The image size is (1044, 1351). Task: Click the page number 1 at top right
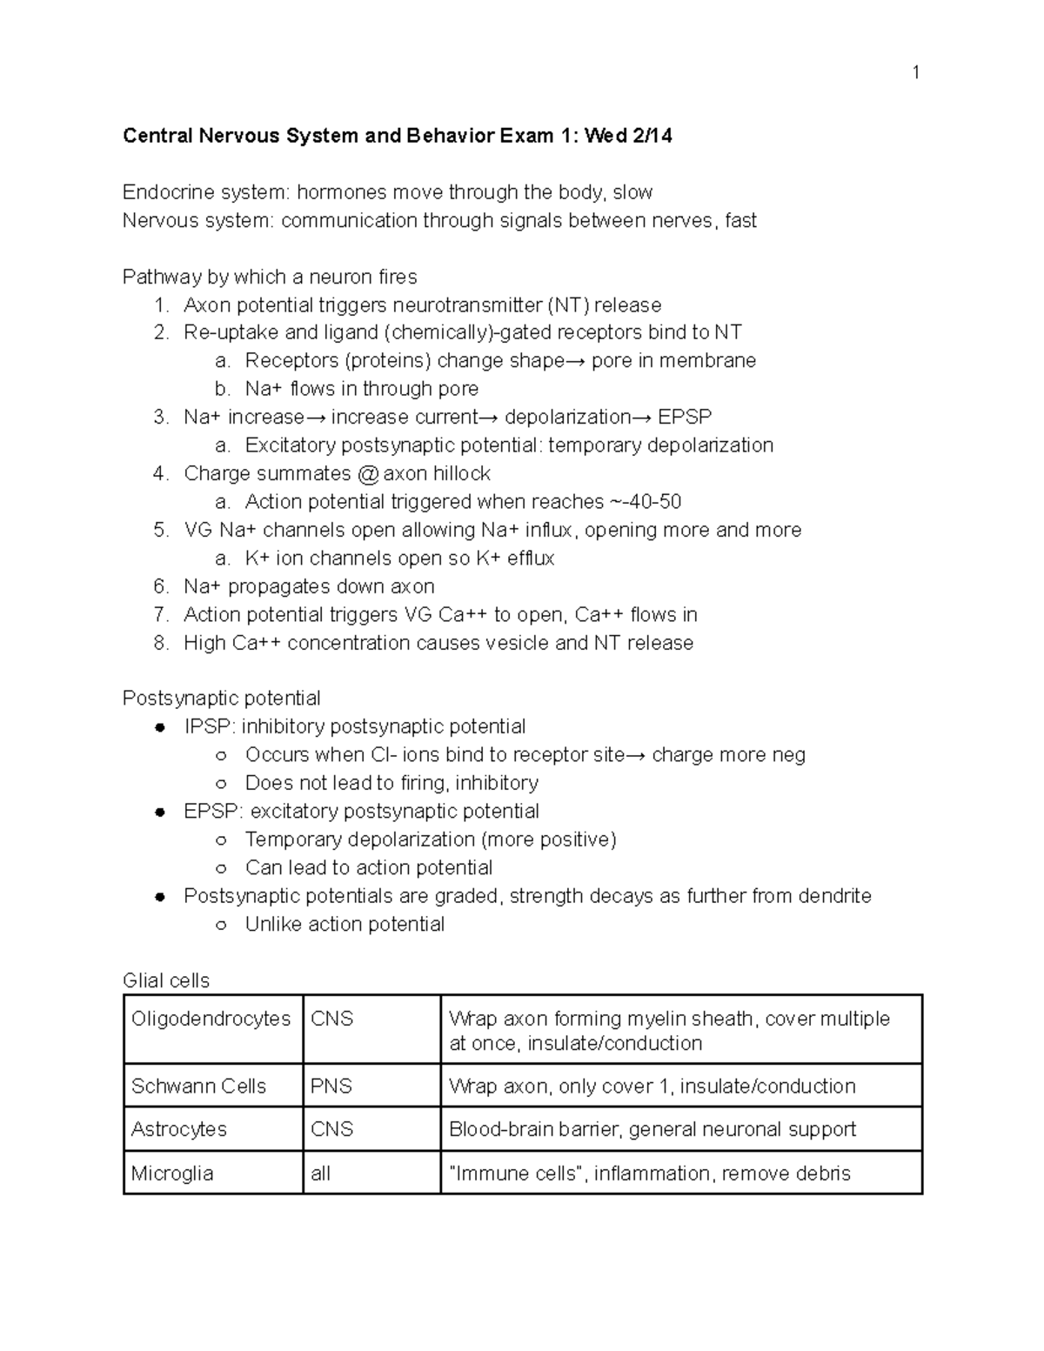[x=915, y=72]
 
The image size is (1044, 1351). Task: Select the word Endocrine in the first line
[x=162, y=192]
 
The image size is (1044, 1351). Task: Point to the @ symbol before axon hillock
[x=368, y=474]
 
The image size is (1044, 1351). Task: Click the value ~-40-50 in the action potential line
[x=646, y=502]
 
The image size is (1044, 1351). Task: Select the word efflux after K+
[x=530, y=558]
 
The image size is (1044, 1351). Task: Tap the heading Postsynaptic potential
[x=221, y=699]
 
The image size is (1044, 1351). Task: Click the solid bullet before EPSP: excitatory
[x=160, y=813]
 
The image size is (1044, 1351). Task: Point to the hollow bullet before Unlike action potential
[x=221, y=926]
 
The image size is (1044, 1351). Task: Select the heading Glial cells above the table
[x=165, y=981]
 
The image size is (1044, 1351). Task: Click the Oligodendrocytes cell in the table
[x=211, y=1019]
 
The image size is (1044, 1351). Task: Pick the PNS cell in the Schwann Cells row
[x=331, y=1087]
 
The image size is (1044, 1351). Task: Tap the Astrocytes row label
[x=178, y=1129]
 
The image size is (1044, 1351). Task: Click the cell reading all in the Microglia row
[x=321, y=1174]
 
